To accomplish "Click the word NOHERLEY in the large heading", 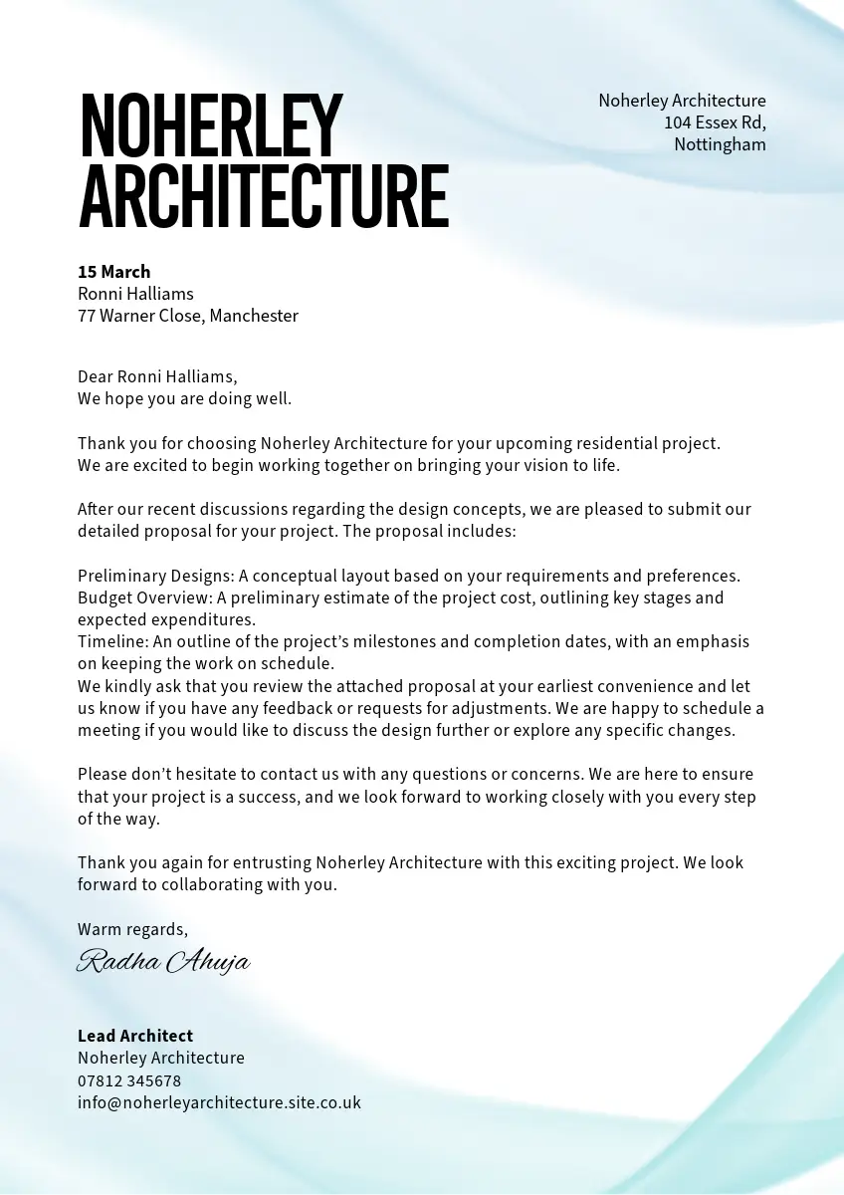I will click(211, 125).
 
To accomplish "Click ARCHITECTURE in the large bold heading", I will click(264, 197).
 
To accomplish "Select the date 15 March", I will click(114, 272).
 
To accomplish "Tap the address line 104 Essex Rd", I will click(715, 122).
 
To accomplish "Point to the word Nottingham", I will click(720, 144).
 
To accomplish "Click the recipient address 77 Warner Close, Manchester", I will click(188, 316).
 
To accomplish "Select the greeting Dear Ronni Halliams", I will click(157, 376).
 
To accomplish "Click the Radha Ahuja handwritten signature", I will click(163, 961).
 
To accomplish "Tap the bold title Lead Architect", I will click(135, 1036).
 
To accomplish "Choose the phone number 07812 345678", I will click(129, 1080).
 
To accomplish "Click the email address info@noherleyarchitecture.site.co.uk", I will click(219, 1102).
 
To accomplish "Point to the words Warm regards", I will click(132, 929).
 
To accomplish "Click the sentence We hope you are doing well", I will click(185, 398).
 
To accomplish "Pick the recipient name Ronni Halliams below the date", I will click(135, 294).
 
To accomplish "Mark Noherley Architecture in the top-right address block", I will click(682, 101).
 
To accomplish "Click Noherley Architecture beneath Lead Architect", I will click(161, 1058).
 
